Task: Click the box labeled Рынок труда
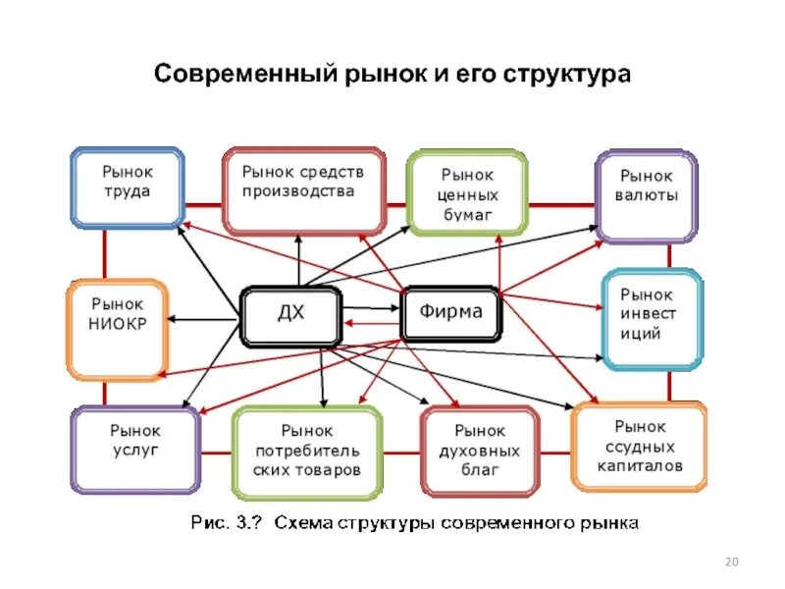tap(128, 187)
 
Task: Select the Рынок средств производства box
tap(302, 189)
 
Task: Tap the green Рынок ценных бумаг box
tap(466, 193)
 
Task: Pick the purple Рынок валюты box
tap(646, 195)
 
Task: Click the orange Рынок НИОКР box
tap(117, 330)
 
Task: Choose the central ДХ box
tap(290, 314)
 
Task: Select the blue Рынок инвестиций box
tap(651, 319)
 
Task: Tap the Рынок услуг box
tap(134, 450)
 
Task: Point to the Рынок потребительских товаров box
tap(306, 453)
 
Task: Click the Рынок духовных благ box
tap(480, 453)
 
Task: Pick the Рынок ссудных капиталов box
tap(639, 447)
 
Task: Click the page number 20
tap(730, 562)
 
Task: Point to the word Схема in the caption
tap(303, 522)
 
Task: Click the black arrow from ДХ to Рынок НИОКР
tap(206, 318)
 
